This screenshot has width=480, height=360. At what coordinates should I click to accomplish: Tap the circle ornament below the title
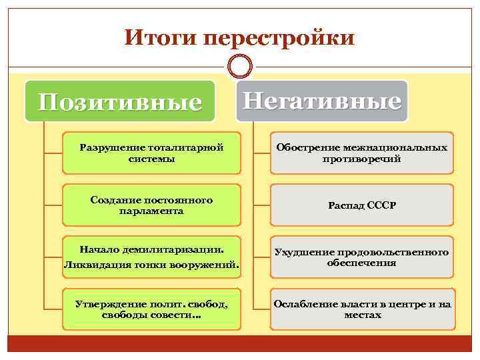[240, 67]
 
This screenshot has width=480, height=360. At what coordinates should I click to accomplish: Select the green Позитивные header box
[120, 101]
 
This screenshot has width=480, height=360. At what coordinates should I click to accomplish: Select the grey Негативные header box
[322, 101]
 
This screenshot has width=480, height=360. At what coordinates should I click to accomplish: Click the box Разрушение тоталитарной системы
[151, 153]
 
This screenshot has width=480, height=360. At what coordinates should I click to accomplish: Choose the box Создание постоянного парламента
[151, 205]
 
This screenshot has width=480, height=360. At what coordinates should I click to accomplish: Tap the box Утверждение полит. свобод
[151, 309]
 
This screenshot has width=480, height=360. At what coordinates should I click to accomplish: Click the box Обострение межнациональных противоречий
[361, 153]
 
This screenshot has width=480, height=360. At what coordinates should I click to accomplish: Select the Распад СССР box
[361, 205]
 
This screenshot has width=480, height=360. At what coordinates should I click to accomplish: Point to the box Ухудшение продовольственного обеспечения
[361, 257]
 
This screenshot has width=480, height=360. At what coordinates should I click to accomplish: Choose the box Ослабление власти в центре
[361, 309]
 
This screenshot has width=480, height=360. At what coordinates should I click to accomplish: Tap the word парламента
[151, 211]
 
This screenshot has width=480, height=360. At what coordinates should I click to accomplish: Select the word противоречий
[361, 159]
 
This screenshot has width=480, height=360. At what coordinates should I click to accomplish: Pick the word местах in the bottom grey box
[362, 315]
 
